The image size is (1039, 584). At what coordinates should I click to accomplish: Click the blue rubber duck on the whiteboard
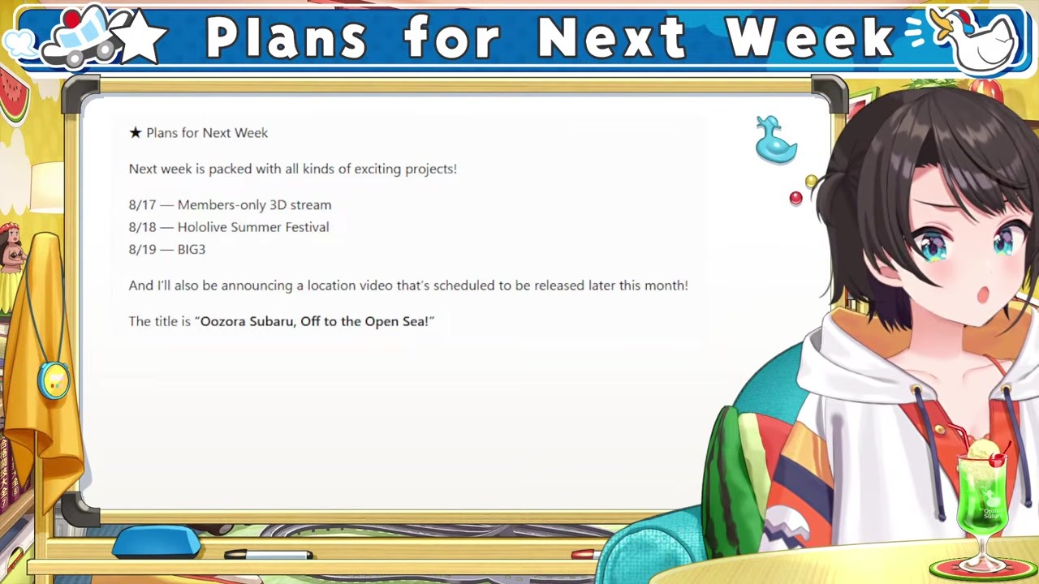(x=775, y=140)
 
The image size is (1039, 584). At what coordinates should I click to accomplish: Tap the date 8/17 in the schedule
(x=142, y=205)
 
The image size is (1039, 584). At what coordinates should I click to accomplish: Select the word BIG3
(x=191, y=249)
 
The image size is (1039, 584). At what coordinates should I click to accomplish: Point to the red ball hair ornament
(x=796, y=198)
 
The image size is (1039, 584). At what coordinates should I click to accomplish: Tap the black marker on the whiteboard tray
(x=269, y=554)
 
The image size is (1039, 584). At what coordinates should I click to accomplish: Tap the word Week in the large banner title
(x=810, y=37)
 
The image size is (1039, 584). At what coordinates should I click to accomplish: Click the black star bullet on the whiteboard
(x=135, y=133)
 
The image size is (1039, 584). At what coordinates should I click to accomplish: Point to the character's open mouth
(x=983, y=294)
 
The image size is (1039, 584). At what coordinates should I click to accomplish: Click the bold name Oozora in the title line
(x=223, y=321)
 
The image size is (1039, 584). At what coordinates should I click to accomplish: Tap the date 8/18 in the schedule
(x=142, y=227)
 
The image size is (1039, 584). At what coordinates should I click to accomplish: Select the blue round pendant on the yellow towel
(x=54, y=380)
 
